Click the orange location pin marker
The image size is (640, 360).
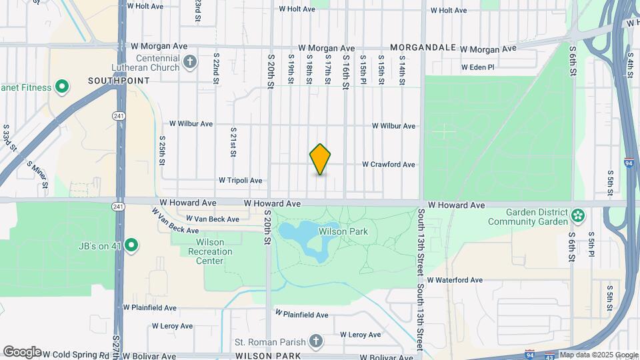[321, 159]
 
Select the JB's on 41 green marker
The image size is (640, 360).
[132, 246]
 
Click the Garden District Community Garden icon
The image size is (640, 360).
[578, 217]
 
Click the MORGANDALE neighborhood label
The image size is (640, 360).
[423, 48]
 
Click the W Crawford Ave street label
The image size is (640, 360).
[389, 165]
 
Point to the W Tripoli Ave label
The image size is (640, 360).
[241, 181]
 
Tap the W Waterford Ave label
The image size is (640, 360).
[455, 281]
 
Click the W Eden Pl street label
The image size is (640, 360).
[478, 67]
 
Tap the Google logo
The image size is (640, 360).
[22, 352]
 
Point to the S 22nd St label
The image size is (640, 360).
[216, 69]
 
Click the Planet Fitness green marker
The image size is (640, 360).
[62, 87]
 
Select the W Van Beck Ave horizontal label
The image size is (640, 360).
[212, 219]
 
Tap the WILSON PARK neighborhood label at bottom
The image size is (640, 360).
[267, 356]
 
